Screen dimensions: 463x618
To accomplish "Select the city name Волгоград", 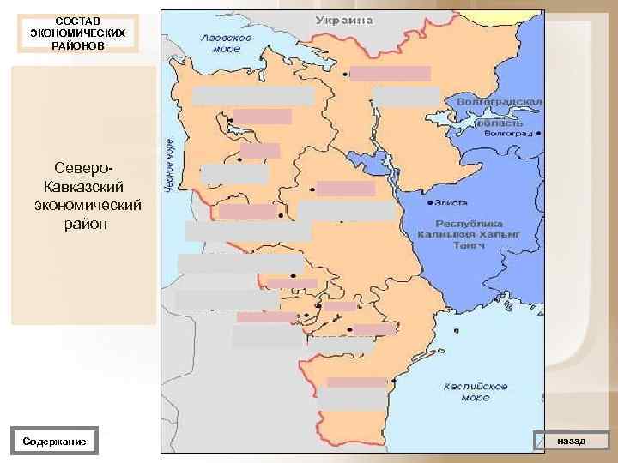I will pos(508,134).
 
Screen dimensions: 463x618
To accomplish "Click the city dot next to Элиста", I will pos(429,205).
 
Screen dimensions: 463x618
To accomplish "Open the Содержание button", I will pos(54,441).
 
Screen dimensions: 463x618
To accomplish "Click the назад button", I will pos(571,440).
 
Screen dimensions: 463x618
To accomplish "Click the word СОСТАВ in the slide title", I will pos(76,20).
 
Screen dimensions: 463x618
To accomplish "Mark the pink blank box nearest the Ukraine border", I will pos(391,74).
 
